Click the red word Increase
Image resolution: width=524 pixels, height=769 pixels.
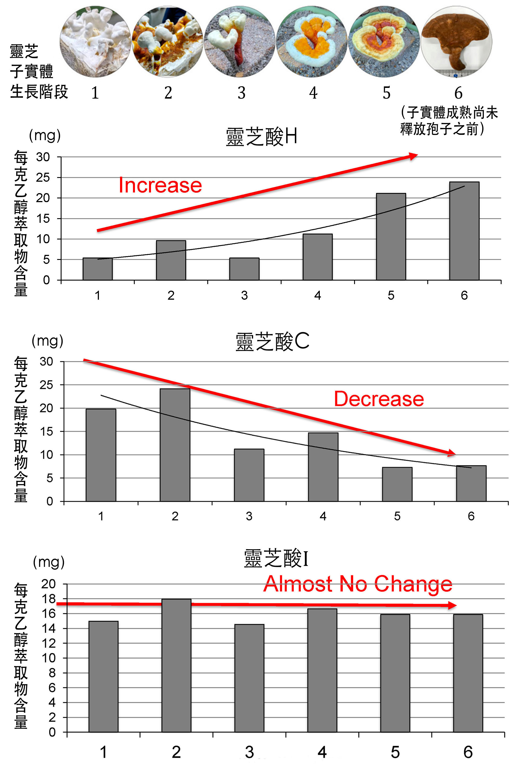pos(160,185)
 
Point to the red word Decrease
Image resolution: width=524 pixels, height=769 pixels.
pos(379,399)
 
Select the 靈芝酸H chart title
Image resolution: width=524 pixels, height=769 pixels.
pos(262,137)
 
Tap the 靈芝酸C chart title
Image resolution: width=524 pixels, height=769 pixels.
pos(272,341)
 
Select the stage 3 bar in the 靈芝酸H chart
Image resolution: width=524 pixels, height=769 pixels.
pos(244,269)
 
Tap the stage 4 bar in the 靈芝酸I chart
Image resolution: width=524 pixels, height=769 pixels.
pos(322,670)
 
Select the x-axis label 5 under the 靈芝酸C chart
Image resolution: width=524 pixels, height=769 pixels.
pos(397,516)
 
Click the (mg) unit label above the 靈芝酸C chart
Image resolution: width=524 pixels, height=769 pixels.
pos(47,341)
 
